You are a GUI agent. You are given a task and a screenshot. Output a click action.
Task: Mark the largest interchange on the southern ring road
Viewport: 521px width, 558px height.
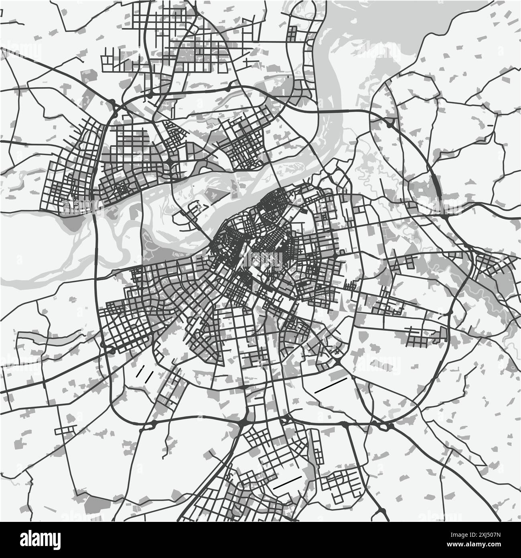pos(244,422)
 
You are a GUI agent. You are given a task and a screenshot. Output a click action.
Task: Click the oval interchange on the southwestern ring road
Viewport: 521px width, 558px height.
pos(111,351)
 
